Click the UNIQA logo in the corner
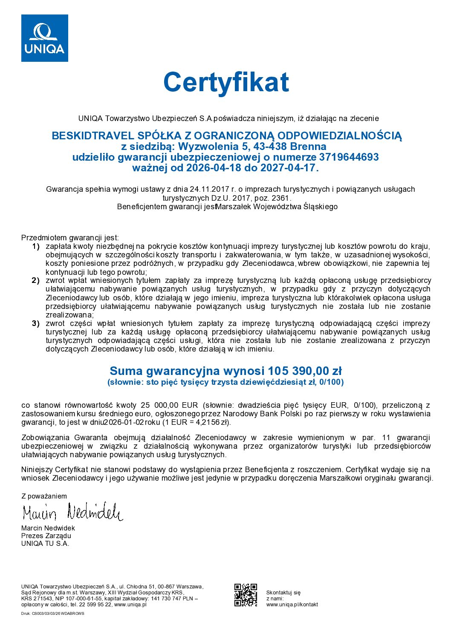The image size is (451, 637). pyautogui.click(x=45, y=38)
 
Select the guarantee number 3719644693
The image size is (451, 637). pyautogui.click(x=349, y=157)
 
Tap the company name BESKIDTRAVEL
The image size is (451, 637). pyautogui.click(x=93, y=136)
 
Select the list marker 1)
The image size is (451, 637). pyautogui.click(x=36, y=246)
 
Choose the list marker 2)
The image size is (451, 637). pyautogui.click(x=36, y=280)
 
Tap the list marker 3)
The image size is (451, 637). pyautogui.click(x=36, y=323)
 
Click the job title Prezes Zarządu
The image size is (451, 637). pyautogui.click(x=46, y=536)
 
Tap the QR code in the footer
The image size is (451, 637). pyautogui.click(x=246, y=595)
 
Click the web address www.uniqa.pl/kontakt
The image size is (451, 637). pyautogui.click(x=292, y=604)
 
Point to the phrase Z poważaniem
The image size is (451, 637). pyautogui.click(x=44, y=496)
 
